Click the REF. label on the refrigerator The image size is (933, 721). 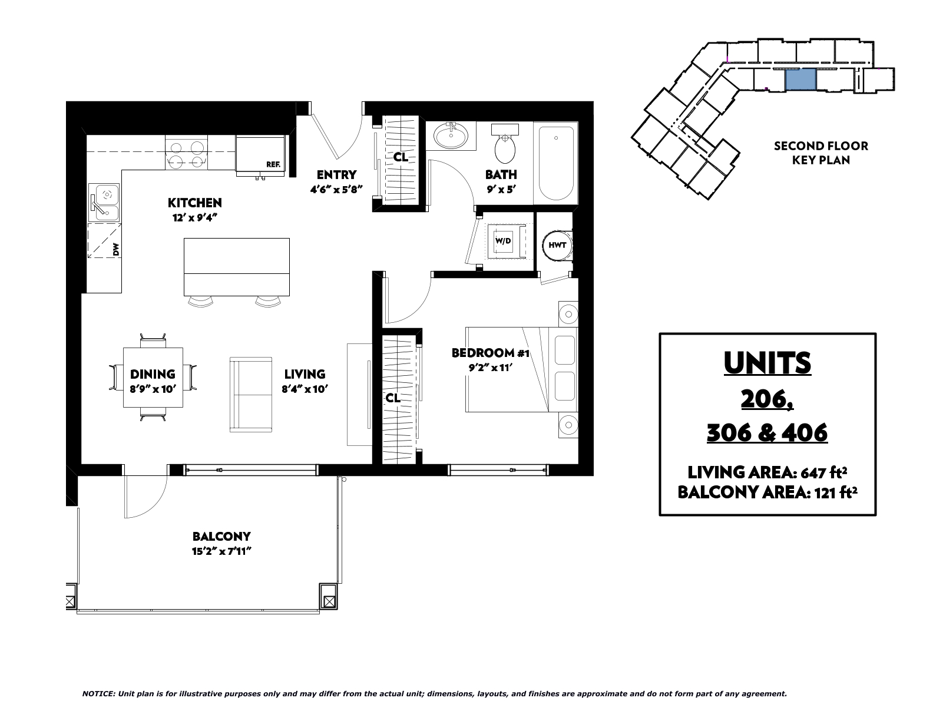pos(273,164)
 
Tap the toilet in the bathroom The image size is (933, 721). pos(505,144)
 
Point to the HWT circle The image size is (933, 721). pos(557,245)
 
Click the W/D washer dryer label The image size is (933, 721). pos(503,241)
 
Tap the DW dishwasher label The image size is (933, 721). pos(116,250)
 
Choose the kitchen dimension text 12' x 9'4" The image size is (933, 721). pos(194,218)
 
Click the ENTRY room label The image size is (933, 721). pos(336,175)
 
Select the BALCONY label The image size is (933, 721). pos(221,537)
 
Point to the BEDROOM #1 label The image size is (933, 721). pos(490,353)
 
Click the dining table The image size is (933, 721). pos(153,378)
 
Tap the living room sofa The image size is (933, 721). pos(251,395)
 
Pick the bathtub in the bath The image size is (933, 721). pos(555,163)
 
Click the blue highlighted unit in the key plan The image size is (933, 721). pos(800,80)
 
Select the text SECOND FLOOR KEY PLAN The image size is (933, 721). pos(821,153)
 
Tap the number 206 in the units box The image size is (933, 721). pos(767,399)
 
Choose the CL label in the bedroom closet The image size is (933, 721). pos(393,399)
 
